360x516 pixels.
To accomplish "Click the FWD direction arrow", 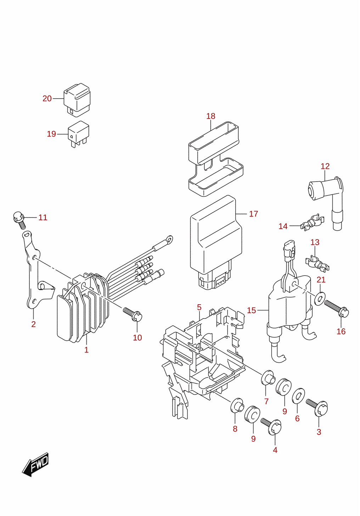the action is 35,465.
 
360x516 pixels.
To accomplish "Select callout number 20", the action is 47,99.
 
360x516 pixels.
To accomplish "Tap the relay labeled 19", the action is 78,134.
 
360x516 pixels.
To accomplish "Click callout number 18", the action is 210,116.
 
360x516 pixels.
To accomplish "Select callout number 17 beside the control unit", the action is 253,214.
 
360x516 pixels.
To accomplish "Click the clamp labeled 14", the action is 313,222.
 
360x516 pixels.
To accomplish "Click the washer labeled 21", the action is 320,299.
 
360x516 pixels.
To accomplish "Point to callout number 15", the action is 251,310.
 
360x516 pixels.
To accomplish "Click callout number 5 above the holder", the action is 199,307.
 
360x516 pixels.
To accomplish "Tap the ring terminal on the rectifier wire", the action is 169,239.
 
